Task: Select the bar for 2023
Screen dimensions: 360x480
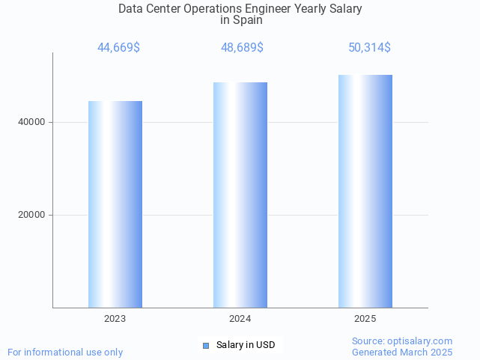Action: tap(115, 204)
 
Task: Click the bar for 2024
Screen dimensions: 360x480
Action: tap(240, 195)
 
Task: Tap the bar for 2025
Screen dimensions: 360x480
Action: tap(365, 191)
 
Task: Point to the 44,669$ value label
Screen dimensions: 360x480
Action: tap(118, 48)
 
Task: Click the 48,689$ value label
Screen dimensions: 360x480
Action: tap(242, 48)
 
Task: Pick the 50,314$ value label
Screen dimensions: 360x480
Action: tap(369, 48)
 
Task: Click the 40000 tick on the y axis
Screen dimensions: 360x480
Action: tap(31, 122)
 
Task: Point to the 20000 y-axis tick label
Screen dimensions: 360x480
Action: tap(31, 215)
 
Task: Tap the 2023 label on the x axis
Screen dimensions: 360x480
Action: tap(115, 319)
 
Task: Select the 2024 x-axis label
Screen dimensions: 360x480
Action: tap(240, 319)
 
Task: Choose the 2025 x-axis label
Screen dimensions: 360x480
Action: tap(365, 319)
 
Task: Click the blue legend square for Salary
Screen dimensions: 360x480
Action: tap(206, 345)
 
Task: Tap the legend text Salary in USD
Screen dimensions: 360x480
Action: tap(246, 345)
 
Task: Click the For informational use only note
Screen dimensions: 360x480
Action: tap(65, 352)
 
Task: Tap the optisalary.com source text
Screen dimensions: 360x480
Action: tap(402, 341)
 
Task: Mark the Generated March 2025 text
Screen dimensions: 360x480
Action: tap(402, 352)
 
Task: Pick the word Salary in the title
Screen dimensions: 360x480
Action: tap(345, 9)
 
